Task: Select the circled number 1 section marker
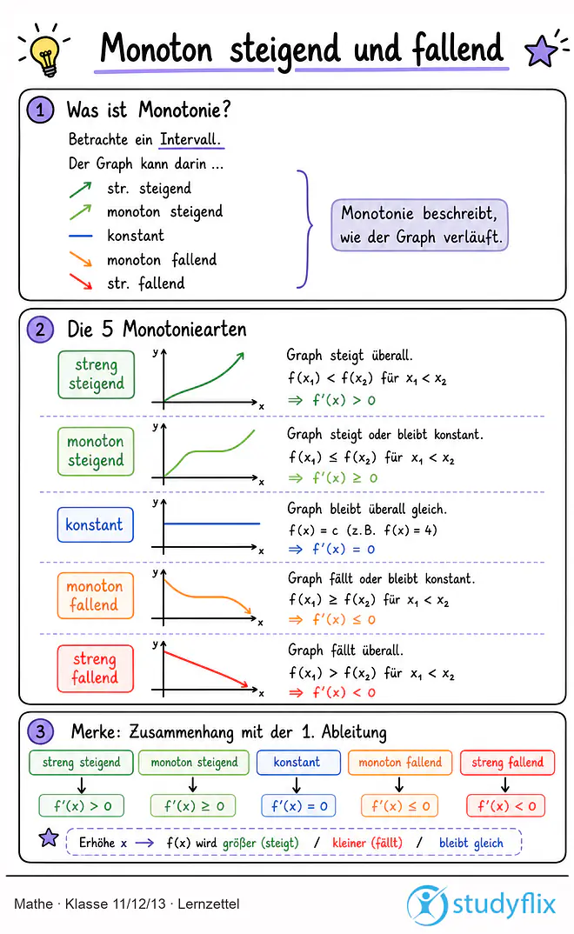[x=41, y=110]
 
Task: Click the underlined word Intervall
[x=190, y=139]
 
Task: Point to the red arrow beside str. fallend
[x=80, y=281]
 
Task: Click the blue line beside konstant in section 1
[x=80, y=237]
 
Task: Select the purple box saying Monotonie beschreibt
[x=419, y=225]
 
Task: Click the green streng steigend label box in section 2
[x=97, y=374]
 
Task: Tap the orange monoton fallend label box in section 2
[x=96, y=596]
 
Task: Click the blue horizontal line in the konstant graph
[x=212, y=524]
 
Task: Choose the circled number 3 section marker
[x=41, y=731]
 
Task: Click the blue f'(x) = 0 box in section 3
[x=298, y=806]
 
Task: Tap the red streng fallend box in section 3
[x=507, y=763]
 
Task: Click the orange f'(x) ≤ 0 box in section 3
[x=399, y=806]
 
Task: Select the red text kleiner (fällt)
[x=367, y=843]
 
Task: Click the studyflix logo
[x=481, y=904]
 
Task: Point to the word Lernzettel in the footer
[x=209, y=904]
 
